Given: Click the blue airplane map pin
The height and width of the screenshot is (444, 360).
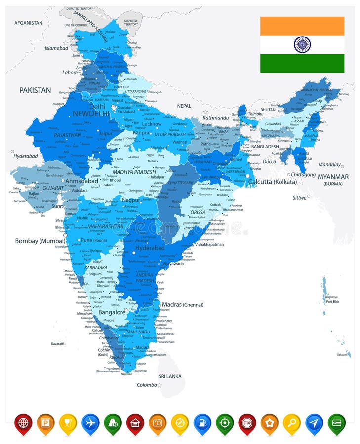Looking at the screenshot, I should (90, 423).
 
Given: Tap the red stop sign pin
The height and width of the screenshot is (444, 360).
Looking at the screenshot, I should (247, 423).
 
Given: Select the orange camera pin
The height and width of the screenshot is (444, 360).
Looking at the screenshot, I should (158, 423).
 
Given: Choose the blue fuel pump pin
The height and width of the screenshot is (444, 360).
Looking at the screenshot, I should (202, 423).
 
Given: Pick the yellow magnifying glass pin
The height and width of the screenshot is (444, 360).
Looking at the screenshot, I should (292, 423).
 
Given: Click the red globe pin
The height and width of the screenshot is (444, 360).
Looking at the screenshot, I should (23, 423).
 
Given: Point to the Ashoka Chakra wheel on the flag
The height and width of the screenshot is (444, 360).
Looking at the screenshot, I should (302, 44).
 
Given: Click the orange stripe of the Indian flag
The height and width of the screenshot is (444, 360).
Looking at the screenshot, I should (302, 26).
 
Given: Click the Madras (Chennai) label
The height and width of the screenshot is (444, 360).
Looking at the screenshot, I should (183, 305).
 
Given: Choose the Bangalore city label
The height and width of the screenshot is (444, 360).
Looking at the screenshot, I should (112, 312).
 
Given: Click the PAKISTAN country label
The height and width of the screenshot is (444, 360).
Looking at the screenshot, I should (35, 90).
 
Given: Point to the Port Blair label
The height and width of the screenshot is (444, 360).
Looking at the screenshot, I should (332, 301).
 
